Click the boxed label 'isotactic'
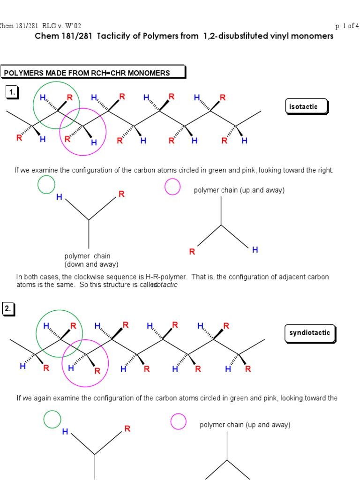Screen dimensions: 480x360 pyautogui.click(x=303, y=107)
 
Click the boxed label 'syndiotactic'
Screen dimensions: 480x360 pyautogui.click(x=309, y=333)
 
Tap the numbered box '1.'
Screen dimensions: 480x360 pyautogui.click(x=11, y=93)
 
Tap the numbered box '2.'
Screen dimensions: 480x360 pyautogui.click(x=8, y=309)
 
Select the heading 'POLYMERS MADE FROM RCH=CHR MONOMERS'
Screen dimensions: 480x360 pyautogui.click(x=87, y=73)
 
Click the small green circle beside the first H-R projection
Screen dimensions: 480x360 pyautogui.click(x=46, y=185)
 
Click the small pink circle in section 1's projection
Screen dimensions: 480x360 pyautogui.click(x=172, y=187)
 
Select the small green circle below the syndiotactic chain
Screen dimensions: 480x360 pyautogui.click(x=52, y=419)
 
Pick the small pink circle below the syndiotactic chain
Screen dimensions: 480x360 pyautogui.click(x=178, y=421)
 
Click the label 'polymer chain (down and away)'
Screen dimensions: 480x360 pyautogui.click(x=91, y=260)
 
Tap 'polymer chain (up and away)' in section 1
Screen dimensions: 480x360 pyautogui.click(x=239, y=190)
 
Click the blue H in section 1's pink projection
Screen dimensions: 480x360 pyautogui.click(x=255, y=250)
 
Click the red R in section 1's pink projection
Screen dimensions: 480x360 pyautogui.click(x=192, y=252)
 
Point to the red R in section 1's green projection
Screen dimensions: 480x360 pyautogui.click(x=121, y=194)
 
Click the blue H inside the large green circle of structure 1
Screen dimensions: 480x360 pyautogui.click(x=43, y=98)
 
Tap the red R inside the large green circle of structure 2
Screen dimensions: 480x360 pyautogui.click(x=73, y=326)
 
